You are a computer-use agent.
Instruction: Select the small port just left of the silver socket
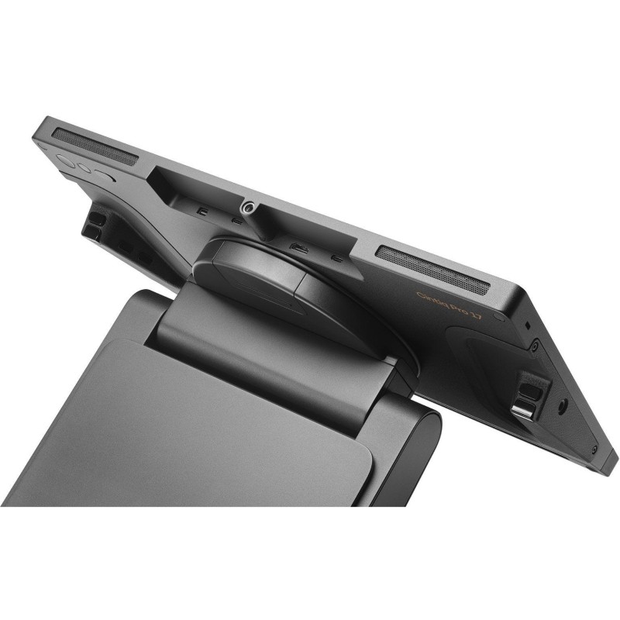coord(236,220)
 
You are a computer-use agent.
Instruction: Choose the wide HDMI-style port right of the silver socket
coord(297,248)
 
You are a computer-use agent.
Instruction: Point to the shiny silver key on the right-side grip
coord(525,408)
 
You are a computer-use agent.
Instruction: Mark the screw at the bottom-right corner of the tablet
coord(594,449)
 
